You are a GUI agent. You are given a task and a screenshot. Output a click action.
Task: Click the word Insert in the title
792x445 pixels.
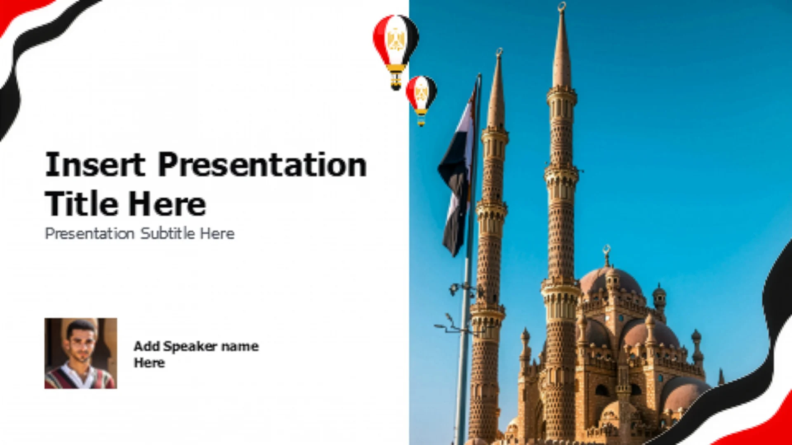coord(95,164)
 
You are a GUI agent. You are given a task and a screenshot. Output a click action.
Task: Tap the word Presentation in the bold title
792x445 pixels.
coord(262,164)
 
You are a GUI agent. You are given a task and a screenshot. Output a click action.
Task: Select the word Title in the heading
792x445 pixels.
coord(82,203)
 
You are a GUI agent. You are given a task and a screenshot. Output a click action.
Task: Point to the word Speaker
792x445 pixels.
coord(190,347)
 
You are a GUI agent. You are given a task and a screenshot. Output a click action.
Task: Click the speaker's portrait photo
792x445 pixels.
coord(81,353)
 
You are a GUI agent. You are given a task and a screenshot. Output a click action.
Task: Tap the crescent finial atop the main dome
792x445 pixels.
coord(606,250)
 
